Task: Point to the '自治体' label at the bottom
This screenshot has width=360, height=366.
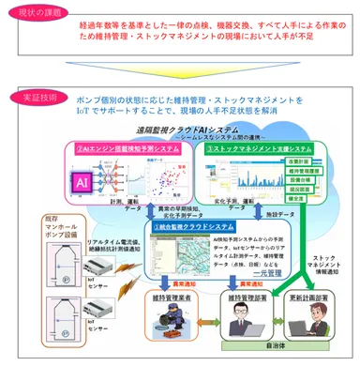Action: tap(277, 357)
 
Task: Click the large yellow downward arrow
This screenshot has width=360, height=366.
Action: tap(181, 73)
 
